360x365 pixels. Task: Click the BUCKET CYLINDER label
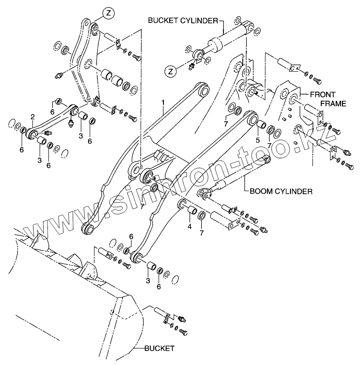tap(182, 20)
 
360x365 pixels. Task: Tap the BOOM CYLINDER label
tap(280, 192)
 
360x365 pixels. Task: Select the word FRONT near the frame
tap(322, 95)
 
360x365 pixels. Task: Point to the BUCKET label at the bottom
tap(160, 348)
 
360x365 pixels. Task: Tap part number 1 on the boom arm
tap(163, 103)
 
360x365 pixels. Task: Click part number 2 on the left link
tap(33, 117)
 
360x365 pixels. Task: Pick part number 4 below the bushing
tap(189, 227)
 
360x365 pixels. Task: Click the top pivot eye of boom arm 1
tap(204, 92)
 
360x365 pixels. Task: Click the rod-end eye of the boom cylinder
tap(204, 194)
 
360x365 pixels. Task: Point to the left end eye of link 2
tap(31, 133)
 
